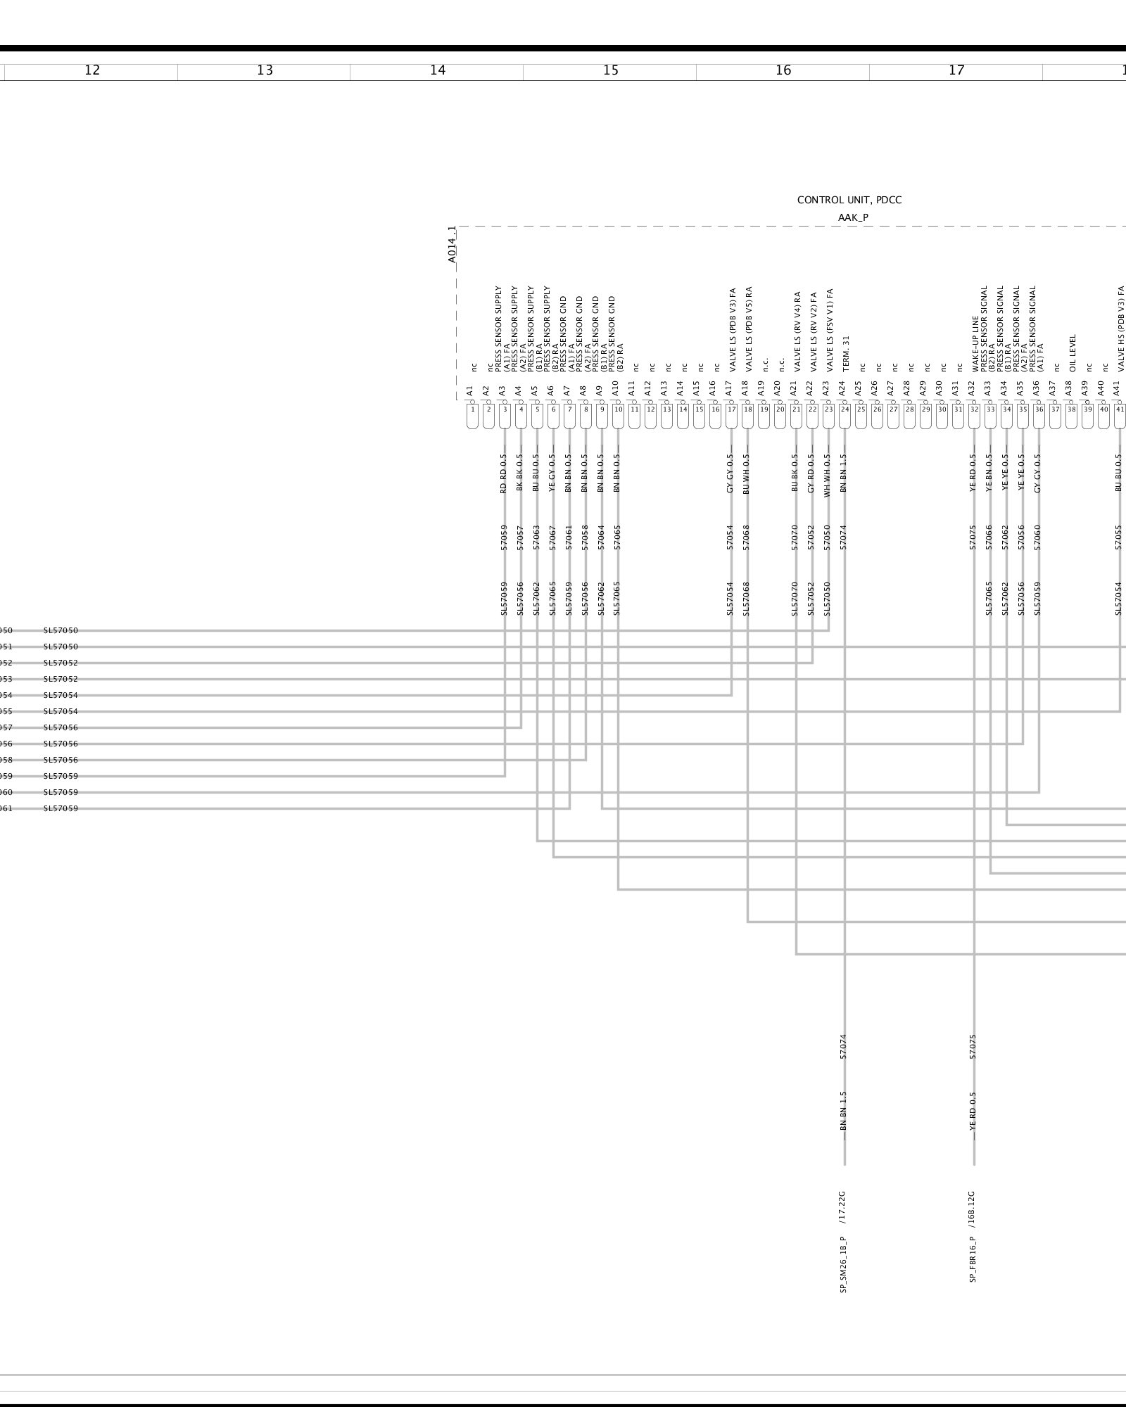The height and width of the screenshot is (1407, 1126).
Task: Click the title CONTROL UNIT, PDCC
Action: point(849,200)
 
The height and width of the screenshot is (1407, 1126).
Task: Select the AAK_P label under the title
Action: point(853,217)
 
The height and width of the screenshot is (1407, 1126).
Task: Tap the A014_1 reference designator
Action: point(452,244)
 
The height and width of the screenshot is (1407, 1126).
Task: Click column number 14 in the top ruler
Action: point(438,70)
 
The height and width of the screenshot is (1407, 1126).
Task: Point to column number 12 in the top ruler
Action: point(91,70)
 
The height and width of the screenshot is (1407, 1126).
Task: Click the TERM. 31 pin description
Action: point(846,353)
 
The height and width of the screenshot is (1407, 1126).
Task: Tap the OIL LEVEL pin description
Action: point(1073,353)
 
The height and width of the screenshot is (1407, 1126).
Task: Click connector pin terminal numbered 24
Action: point(844,409)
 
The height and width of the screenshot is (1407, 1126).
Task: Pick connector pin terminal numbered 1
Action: point(472,409)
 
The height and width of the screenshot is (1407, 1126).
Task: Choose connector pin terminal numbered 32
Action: point(974,409)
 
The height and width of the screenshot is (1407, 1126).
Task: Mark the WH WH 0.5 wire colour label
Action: point(828,475)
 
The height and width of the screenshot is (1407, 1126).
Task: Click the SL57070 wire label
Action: point(795,599)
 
